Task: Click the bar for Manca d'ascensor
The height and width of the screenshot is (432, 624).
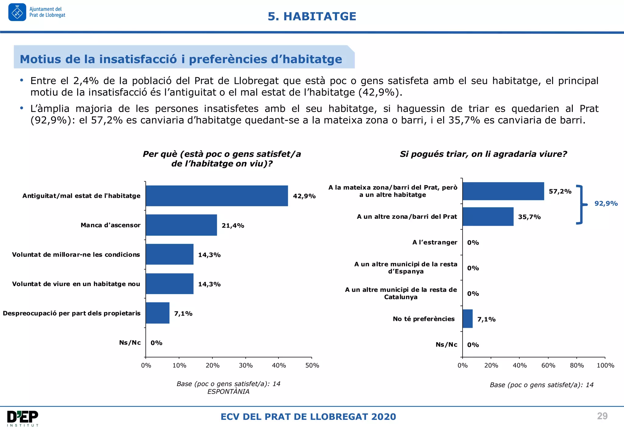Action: coord(181,225)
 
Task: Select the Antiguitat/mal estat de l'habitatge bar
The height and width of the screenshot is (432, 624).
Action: coord(217,196)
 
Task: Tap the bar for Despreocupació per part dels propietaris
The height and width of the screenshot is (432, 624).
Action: coord(158,313)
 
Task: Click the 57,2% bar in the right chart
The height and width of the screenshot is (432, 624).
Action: coord(503,191)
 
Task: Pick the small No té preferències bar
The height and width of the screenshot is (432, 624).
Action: coord(467,319)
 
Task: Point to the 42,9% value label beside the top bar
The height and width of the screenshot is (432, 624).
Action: coord(304,196)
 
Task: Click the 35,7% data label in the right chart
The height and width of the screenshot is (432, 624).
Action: coord(529,217)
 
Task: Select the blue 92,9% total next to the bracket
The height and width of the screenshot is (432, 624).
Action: coord(606,204)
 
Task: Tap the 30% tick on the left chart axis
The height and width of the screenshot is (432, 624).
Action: coord(246,365)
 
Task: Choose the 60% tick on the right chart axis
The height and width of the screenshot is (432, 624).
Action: coord(548,365)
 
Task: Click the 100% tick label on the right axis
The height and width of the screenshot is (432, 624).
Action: coord(605,365)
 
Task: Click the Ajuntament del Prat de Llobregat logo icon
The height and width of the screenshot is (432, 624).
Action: coord(17,12)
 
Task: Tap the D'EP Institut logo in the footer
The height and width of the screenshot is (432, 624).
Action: coord(23,418)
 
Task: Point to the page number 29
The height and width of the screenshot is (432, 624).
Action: coord(602,416)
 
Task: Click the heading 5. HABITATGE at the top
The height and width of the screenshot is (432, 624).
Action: coord(312,16)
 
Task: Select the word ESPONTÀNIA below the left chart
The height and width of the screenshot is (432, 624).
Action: coord(228,391)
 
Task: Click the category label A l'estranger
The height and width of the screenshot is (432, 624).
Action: coord(434,242)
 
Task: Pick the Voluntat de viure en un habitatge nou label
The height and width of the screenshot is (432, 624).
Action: coord(76,284)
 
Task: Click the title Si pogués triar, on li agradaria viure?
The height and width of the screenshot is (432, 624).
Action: coord(483,154)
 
